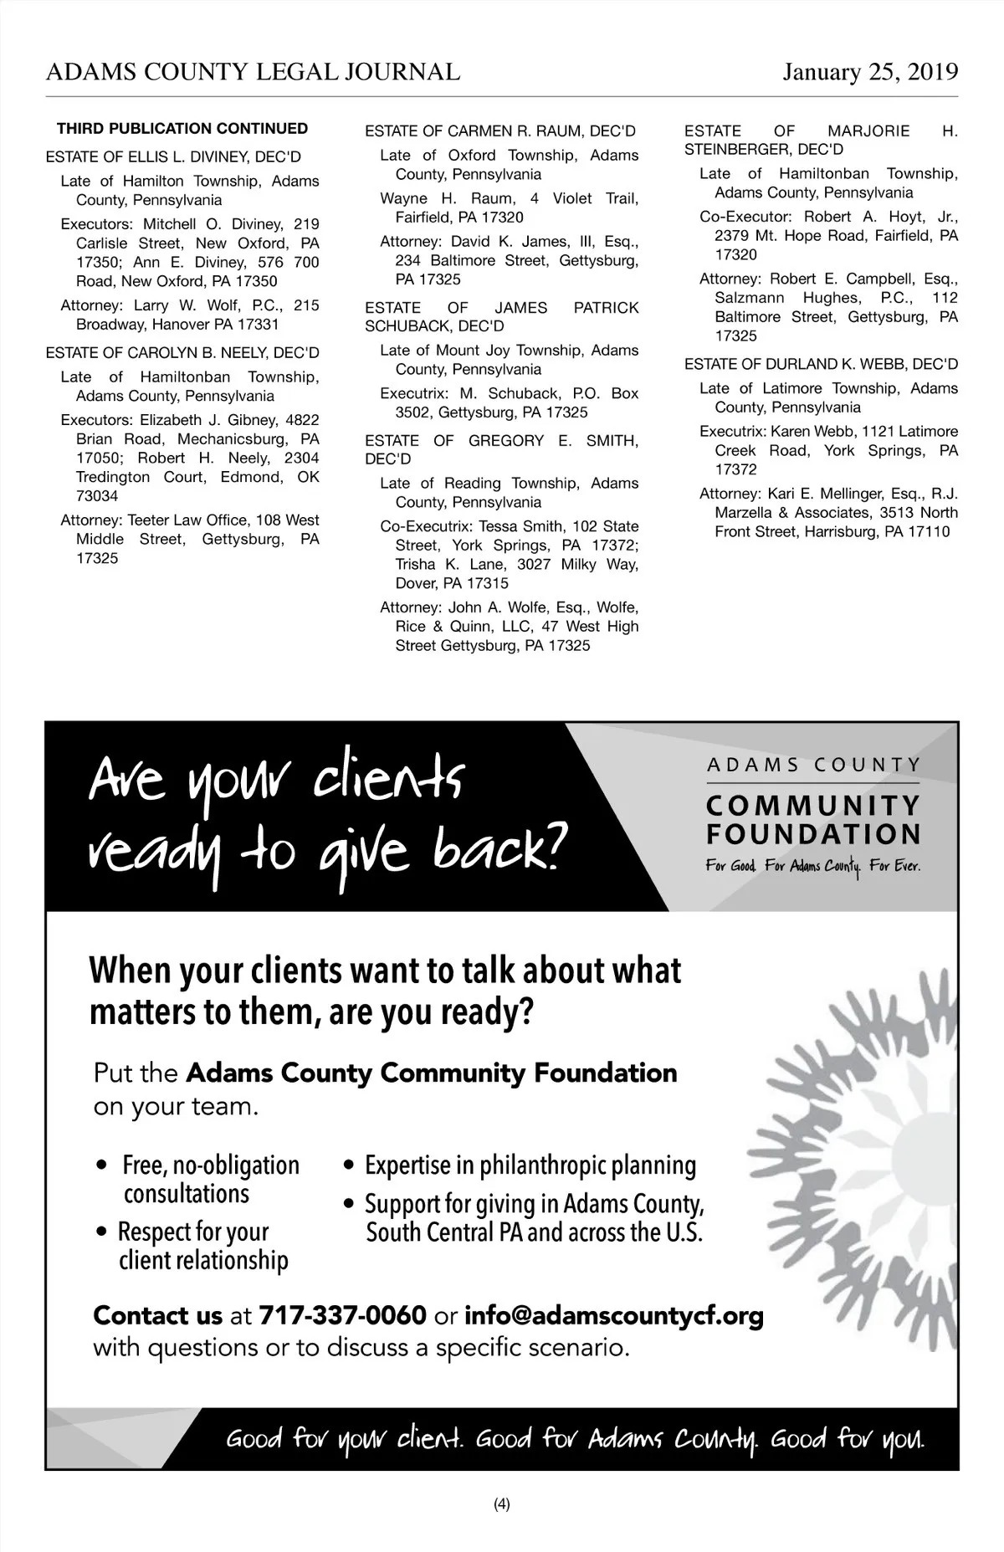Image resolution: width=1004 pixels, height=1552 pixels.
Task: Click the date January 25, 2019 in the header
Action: coord(870,72)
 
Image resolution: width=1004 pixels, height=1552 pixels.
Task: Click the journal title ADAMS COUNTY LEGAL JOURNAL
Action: coord(253,72)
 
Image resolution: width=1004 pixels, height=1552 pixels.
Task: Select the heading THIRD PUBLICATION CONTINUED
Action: coord(182,129)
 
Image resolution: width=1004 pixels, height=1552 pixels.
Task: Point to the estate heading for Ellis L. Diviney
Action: coord(173,156)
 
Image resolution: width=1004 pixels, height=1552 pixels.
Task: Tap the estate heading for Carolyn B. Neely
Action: coord(182,353)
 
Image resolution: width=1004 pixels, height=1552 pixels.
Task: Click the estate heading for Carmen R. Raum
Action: coord(499,131)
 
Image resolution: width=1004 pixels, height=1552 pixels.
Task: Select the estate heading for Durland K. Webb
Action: coord(821,364)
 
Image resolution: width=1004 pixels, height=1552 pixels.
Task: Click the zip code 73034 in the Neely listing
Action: coord(97,496)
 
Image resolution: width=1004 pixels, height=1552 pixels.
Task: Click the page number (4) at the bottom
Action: coord(502,1503)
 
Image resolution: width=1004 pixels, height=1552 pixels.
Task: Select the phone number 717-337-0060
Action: coord(343,1316)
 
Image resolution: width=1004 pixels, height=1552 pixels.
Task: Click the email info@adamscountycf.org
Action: coord(613,1316)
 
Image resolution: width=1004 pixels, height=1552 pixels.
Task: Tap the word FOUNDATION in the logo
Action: coord(813,834)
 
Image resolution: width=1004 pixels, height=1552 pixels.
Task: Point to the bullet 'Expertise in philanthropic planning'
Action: coord(530,1165)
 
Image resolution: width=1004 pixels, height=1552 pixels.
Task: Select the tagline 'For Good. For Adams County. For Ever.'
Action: coord(812,866)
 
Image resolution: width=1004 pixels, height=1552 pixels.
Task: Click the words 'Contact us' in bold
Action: coord(157,1316)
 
